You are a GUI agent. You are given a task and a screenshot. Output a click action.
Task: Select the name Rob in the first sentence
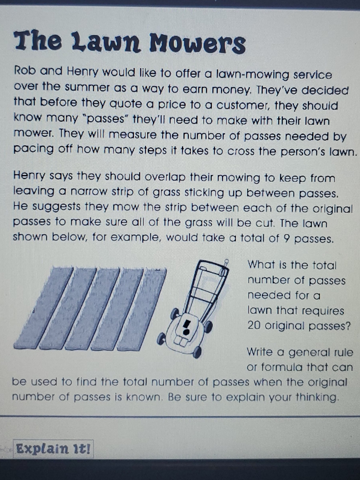pyautogui.click(x=25, y=71)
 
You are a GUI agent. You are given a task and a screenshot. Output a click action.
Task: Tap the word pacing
pyautogui.click(x=33, y=149)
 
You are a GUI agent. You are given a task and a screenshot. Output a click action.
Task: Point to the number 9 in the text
pyautogui.click(x=287, y=239)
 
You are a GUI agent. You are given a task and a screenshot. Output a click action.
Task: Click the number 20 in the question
pyautogui.click(x=254, y=326)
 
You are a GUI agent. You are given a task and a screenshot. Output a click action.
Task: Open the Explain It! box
pyautogui.click(x=53, y=449)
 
